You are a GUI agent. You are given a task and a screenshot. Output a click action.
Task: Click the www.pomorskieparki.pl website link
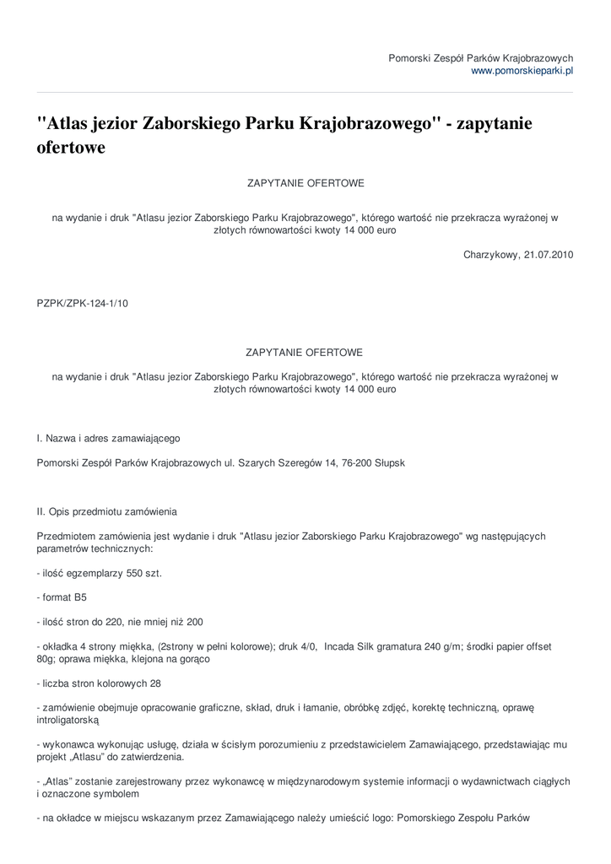point(522,72)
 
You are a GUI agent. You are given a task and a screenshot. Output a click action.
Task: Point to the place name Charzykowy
point(490,254)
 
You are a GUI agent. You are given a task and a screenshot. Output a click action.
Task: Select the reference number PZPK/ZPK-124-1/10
point(83,304)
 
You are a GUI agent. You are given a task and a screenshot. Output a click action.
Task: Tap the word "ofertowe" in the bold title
point(72,148)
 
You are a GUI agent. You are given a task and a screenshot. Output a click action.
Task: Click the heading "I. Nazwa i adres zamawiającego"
point(108,439)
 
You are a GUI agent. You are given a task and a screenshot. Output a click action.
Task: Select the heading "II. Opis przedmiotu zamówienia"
point(107,511)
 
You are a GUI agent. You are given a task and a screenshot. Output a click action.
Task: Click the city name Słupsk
point(388,463)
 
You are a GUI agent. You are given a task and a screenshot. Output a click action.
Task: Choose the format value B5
point(79,597)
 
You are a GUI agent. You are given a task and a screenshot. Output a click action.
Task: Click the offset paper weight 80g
point(47,659)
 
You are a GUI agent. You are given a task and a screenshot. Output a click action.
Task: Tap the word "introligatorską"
point(68,721)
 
